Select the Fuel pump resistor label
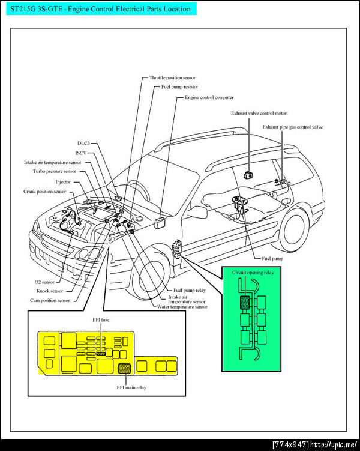[179, 87]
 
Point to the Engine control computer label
[209, 97]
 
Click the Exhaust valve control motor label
[259, 113]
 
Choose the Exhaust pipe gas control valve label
[293, 127]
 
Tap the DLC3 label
[83, 144]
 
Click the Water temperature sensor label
[182, 307]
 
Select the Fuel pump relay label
[188, 290]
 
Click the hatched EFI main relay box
[124, 368]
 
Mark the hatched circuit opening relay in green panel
[245, 303]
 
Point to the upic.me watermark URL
[332, 444]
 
